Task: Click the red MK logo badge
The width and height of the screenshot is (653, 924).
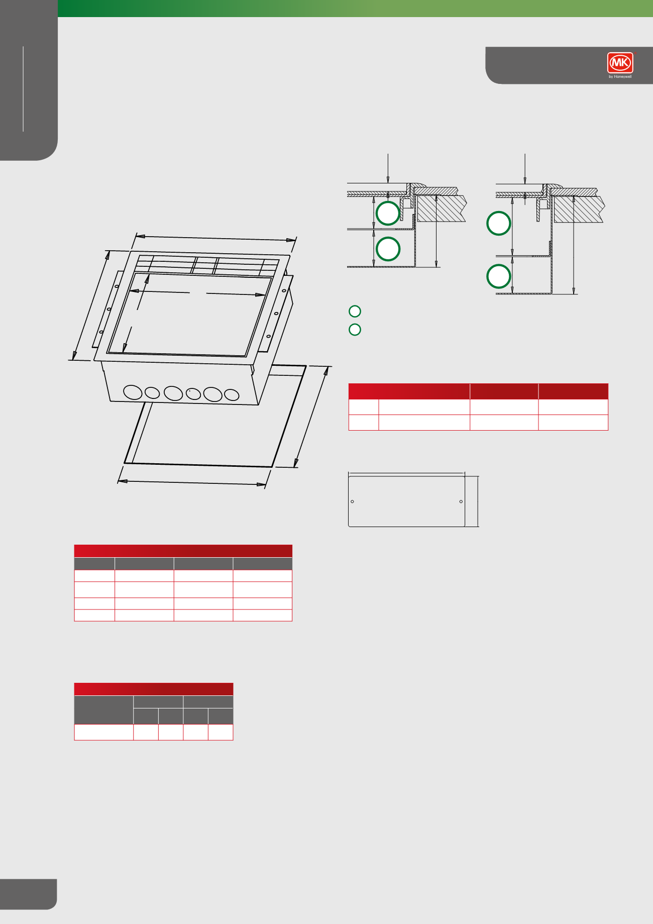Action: tap(620, 63)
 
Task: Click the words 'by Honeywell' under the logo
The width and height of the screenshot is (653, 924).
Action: tap(620, 77)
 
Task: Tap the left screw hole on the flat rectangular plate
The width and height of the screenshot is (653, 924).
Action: tap(352, 501)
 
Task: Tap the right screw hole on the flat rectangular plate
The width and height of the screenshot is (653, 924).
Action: tap(461, 501)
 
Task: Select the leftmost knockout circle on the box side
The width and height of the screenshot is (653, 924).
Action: tap(133, 392)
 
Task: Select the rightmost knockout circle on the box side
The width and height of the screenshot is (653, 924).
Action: tap(232, 395)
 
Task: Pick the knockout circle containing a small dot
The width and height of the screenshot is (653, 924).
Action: tap(193, 394)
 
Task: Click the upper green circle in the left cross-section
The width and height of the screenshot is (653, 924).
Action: tap(388, 213)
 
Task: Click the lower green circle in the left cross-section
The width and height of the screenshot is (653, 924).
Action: tap(388, 249)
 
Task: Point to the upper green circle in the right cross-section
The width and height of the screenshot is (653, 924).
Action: tap(499, 224)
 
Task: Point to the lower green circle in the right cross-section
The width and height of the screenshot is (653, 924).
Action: tap(499, 276)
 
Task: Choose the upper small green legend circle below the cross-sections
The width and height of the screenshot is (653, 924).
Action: tap(355, 312)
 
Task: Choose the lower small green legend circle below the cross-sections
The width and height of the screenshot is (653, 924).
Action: tap(355, 330)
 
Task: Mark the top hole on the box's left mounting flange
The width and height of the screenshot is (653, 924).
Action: tap(117, 286)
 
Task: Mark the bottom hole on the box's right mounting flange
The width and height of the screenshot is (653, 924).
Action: tap(268, 336)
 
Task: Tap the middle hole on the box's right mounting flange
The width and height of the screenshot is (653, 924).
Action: tap(276, 314)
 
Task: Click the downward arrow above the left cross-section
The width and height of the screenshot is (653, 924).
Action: tap(388, 168)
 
